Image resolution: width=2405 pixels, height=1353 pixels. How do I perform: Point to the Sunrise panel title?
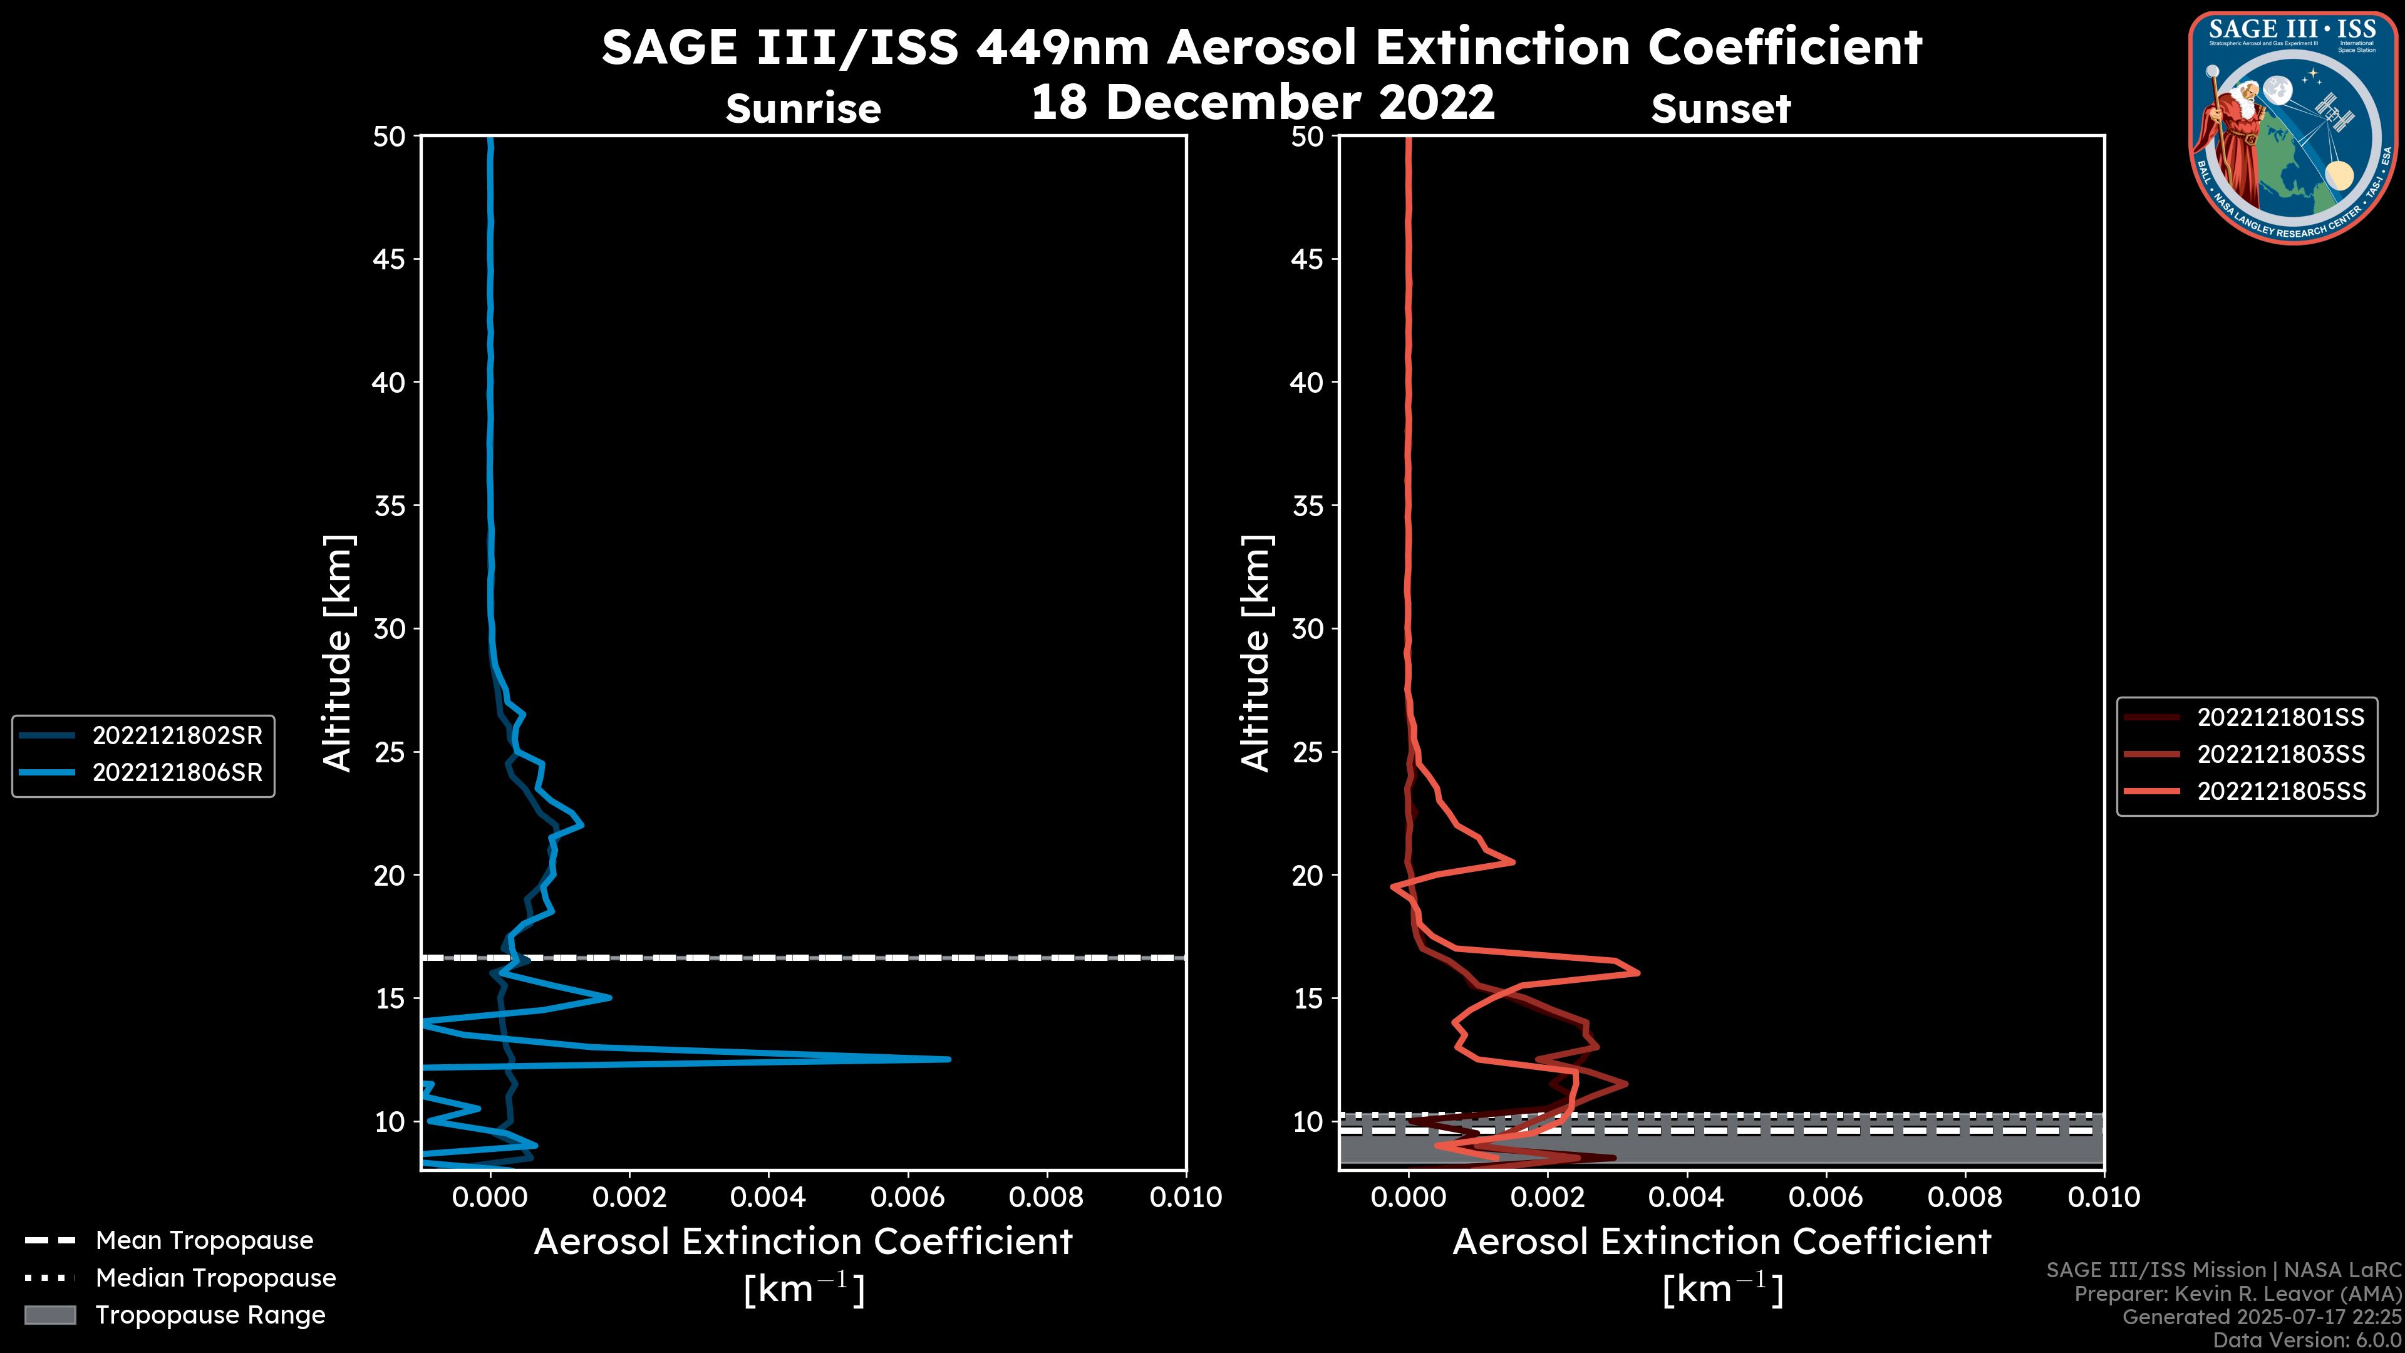[803, 109]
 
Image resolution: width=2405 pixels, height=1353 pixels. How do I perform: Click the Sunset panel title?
[1720, 109]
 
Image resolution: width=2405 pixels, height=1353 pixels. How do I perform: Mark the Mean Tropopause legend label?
[204, 1241]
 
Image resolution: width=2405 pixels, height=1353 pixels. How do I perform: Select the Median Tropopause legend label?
[215, 1278]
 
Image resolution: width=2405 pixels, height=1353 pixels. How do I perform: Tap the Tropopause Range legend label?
[210, 1315]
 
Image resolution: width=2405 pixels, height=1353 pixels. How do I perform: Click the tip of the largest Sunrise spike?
[949, 1059]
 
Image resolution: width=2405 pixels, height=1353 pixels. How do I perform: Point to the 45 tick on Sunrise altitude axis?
[390, 259]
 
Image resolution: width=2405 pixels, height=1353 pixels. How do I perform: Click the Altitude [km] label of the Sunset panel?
[1256, 653]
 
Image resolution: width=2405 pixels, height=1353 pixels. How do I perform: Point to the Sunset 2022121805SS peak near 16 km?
[1638, 973]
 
